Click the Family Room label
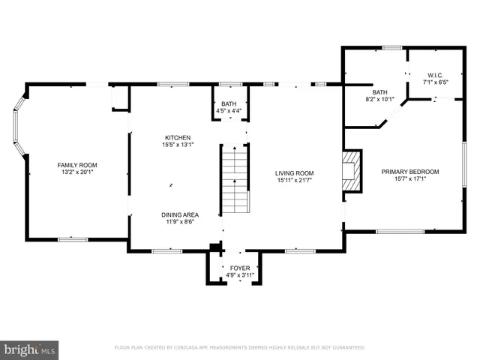pyautogui.click(x=77, y=165)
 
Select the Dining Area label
pyautogui.click(x=182, y=214)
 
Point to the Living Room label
pyautogui.click(x=293, y=173)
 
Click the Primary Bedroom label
pyautogui.click(x=409, y=172)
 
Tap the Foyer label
pyautogui.click(x=240, y=268)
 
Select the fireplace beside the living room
pyautogui.click(x=351, y=171)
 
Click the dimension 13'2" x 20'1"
pyautogui.click(x=77, y=172)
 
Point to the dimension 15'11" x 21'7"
pyautogui.click(x=293, y=181)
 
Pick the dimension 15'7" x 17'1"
pyautogui.click(x=409, y=179)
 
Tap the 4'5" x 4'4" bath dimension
pyautogui.click(x=229, y=111)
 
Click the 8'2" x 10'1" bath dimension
pyautogui.click(x=379, y=98)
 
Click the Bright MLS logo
pyautogui.click(x=30, y=349)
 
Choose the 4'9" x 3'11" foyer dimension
pyautogui.click(x=240, y=275)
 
